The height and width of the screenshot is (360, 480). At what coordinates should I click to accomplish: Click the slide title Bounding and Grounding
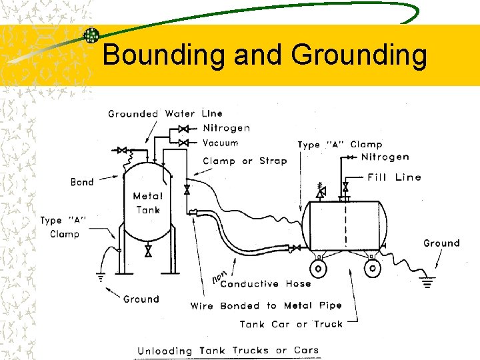click(x=265, y=55)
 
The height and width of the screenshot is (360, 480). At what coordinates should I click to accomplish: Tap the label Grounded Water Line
click(x=165, y=114)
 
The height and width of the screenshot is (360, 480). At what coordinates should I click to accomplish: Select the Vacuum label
click(x=220, y=143)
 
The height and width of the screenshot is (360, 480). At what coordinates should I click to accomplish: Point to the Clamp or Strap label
click(x=245, y=161)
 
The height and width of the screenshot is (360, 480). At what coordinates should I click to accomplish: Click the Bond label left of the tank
click(x=82, y=182)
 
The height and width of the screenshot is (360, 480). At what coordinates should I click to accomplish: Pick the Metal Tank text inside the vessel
click(x=147, y=203)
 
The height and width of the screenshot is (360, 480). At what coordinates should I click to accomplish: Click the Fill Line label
click(x=394, y=177)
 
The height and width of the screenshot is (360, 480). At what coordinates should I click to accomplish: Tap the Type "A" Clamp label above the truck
click(x=339, y=144)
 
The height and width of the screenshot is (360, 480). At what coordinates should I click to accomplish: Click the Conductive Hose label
click(x=265, y=284)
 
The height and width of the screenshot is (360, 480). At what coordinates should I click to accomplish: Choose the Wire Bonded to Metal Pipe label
click(x=266, y=306)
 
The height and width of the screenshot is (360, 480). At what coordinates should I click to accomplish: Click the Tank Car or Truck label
click(x=291, y=325)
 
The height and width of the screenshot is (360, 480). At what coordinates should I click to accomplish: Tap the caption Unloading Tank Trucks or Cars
click(x=228, y=351)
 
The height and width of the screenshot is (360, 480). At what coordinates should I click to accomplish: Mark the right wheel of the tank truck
click(x=373, y=268)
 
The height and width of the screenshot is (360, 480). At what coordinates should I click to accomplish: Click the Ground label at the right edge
click(x=441, y=243)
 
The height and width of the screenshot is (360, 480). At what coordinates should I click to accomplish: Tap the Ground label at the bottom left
click(x=141, y=299)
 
